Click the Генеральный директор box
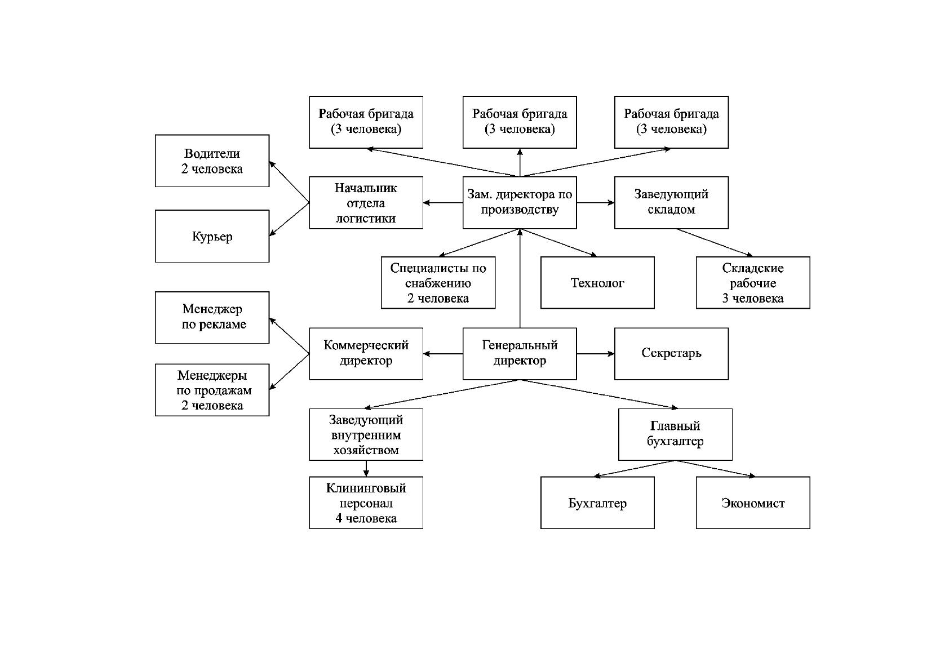(x=520, y=353)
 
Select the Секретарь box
(x=671, y=353)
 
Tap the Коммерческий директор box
(x=366, y=353)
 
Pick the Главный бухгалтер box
(x=675, y=434)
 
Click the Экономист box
(x=753, y=503)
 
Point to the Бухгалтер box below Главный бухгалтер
(x=597, y=503)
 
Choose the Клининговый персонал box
(x=366, y=503)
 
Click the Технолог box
(x=597, y=283)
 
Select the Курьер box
(x=212, y=236)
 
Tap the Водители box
(x=212, y=161)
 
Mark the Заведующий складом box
(x=671, y=202)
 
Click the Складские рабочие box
(x=753, y=283)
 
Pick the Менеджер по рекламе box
(x=212, y=317)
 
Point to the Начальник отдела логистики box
(x=366, y=202)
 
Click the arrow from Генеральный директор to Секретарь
(x=596, y=353)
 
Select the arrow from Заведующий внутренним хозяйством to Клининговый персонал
(x=366, y=469)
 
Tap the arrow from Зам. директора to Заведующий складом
(x=596, y=202)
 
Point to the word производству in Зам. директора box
(x=520, y=210)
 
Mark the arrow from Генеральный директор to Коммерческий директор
(x=443, y=353)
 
